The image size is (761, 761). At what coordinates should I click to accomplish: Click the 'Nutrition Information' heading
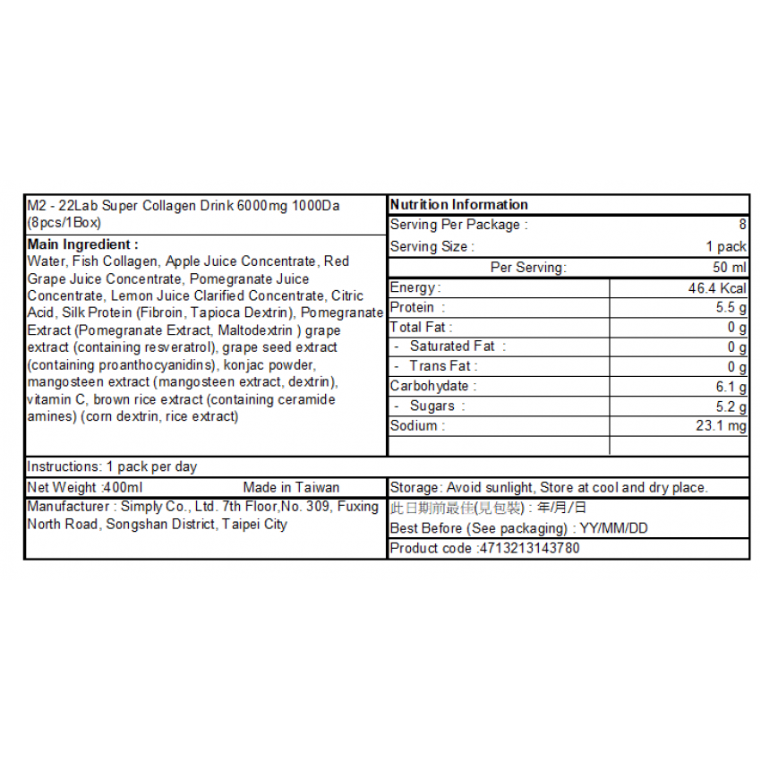pos(459,205)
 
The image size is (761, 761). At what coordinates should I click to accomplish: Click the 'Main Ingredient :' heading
pos(82,244)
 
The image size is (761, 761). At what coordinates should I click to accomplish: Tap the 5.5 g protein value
pos(730,308)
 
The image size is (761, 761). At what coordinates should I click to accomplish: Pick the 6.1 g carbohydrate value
pos(730,387)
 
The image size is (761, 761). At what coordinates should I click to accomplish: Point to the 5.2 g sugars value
pos(730,406)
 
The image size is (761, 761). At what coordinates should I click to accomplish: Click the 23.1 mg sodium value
pos(721,426)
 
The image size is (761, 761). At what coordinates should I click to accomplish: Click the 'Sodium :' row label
pos(417,426)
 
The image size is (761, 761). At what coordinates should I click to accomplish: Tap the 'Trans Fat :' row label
pos(443,366)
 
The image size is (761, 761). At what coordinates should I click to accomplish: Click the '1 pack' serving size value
pos(726,247)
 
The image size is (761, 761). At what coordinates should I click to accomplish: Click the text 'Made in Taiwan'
pos(291,488)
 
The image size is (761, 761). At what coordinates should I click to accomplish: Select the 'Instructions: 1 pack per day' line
pos(112,466)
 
